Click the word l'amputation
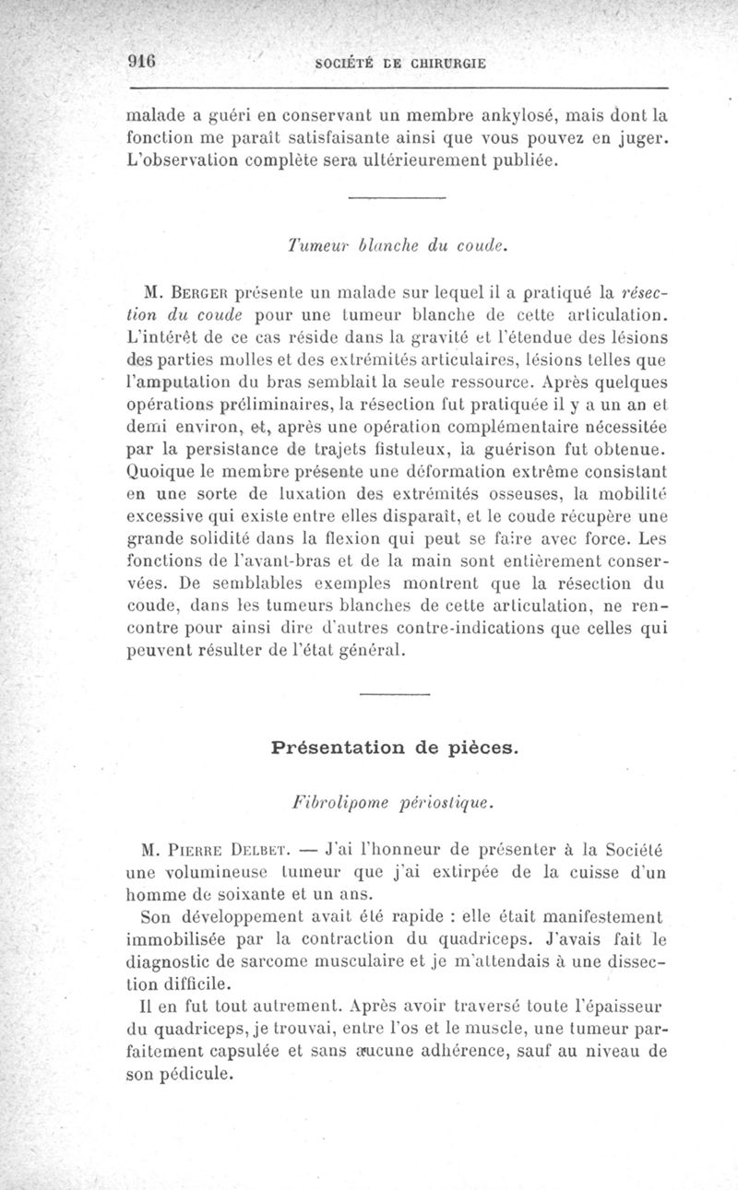pyautogui.click(x=177, y=383)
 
